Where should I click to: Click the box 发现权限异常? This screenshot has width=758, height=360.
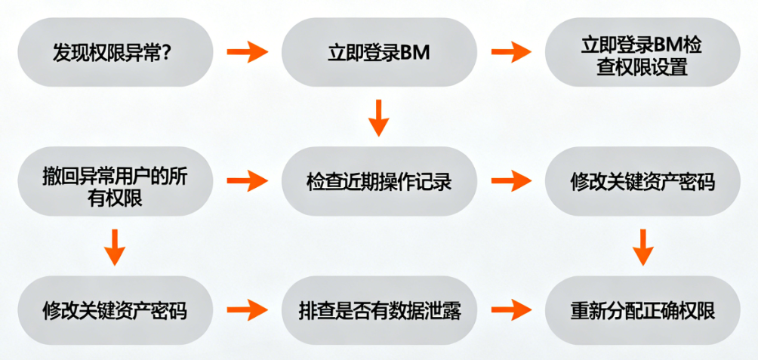(x=115, y=53)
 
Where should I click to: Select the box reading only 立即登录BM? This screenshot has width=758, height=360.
(x=379, y=53)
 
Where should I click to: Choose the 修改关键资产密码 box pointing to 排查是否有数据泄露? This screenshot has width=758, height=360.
(x=115, y=309)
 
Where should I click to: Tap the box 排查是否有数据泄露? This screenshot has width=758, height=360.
(x=379, y=309)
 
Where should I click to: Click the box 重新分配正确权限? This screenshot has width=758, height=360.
(x=642, y=309)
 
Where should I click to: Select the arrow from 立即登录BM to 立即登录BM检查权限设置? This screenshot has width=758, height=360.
(x=511, y=53)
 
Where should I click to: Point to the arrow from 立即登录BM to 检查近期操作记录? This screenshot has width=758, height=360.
(x=379, y=118)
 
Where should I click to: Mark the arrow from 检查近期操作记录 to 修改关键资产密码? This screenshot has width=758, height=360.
(x=511, y=181)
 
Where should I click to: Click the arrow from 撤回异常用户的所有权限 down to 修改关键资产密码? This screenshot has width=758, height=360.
(x=115, y=246)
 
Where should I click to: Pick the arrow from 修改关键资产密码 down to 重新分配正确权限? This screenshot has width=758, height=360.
(x=642, y=246)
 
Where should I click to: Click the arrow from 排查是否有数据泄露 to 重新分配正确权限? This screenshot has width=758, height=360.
(x=511, y=309)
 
